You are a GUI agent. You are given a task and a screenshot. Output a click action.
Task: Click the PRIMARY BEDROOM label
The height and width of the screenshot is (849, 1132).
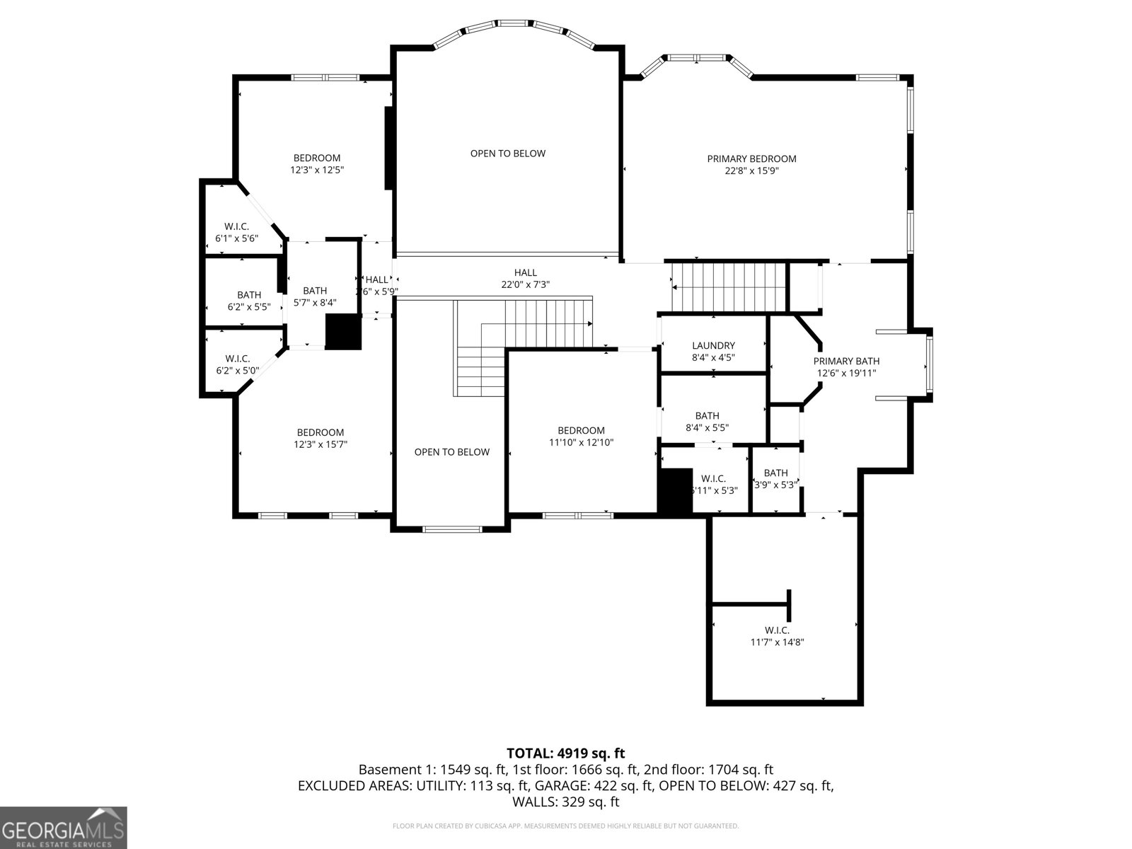tap(751, 158)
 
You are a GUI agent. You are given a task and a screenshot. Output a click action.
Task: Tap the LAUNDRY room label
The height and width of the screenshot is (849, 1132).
tap(713, 345)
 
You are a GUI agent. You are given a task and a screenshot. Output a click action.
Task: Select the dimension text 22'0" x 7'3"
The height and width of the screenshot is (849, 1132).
tap(525, 284)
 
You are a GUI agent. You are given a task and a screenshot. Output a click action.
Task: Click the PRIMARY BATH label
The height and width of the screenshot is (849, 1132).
tap(846, 361)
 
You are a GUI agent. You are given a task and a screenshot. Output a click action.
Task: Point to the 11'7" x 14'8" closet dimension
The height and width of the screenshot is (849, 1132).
tap(777, 642)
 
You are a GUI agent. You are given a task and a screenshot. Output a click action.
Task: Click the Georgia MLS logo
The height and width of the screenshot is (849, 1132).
tap(63, 827)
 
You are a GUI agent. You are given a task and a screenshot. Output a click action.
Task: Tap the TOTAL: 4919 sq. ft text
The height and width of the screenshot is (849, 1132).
tap(565, 753)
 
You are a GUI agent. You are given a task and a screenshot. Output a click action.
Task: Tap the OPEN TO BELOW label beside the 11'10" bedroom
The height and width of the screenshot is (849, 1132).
tap(451, 452)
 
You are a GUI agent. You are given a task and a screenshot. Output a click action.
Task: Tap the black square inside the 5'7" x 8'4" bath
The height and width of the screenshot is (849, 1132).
tap(343, 332)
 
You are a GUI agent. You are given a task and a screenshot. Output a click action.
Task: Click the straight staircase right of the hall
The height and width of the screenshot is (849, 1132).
tap(729, 287)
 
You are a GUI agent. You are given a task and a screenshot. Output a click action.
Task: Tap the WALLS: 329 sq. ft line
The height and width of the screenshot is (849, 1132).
tap(565, 802)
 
